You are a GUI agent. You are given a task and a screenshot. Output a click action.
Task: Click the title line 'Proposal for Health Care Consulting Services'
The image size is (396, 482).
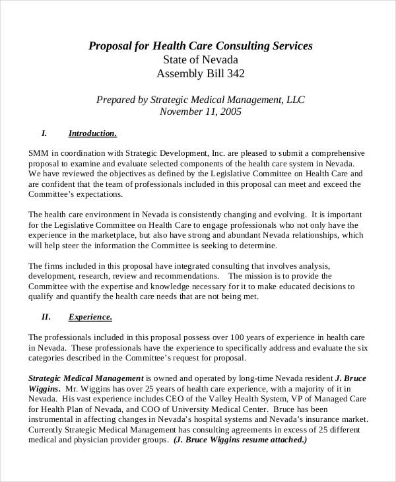point(201,46)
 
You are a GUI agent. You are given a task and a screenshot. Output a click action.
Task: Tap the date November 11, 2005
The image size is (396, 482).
point(201,112)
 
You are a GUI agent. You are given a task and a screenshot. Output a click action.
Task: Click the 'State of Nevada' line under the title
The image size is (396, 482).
point(201,59)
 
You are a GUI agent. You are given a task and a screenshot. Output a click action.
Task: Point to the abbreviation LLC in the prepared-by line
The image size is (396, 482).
point(295,99)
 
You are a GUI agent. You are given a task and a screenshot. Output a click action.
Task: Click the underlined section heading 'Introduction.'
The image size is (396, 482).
point(92,133)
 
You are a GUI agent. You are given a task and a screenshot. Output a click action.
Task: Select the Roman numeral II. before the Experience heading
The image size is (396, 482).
point(46,316)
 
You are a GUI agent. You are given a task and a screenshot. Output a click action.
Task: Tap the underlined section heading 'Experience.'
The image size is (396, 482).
point(90,316)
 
